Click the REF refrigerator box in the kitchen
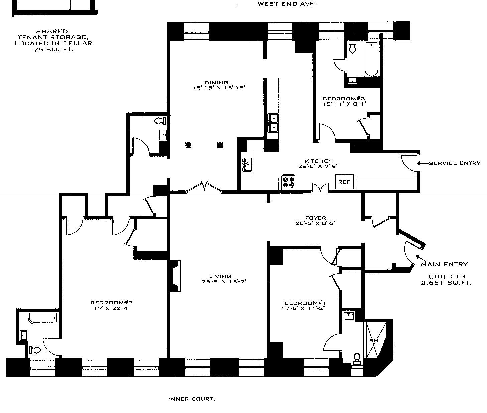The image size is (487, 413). click(344, 182)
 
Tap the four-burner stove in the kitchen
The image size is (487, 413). click(288, 182)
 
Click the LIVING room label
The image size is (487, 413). click(220, 276)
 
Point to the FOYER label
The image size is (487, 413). click(315, 218)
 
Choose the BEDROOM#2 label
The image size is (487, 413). click(109, 303)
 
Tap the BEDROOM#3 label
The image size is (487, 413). click(344, 98)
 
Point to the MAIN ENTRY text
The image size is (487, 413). click(444, 264)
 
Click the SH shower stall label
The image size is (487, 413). click(373, 341)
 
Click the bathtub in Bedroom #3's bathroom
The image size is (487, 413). click(371, 59)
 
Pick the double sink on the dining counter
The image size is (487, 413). click(273, 123)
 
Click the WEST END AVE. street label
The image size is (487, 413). click(287, 4)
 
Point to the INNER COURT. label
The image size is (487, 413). click(192, 399)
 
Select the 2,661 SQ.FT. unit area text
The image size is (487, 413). click(446, 283)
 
